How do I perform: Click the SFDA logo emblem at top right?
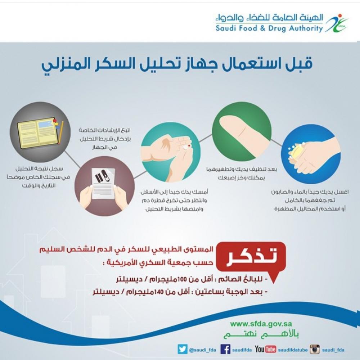coord(337,23)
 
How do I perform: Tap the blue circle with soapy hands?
coord(311,154)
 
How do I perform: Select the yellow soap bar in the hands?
coord(298,152)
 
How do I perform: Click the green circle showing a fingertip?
coord(242,132)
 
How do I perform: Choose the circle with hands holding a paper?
coord(104,186)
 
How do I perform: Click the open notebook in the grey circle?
coord(38,133)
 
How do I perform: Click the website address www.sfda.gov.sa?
coord(261,324)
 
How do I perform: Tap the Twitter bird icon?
coord(183,349)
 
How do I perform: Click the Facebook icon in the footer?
coord(225,349)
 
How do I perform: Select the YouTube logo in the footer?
coord(265,349)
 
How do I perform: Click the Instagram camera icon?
coord(315,349)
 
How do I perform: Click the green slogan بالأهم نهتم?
coord(261,334)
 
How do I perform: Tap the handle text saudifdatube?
coord(293,350)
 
